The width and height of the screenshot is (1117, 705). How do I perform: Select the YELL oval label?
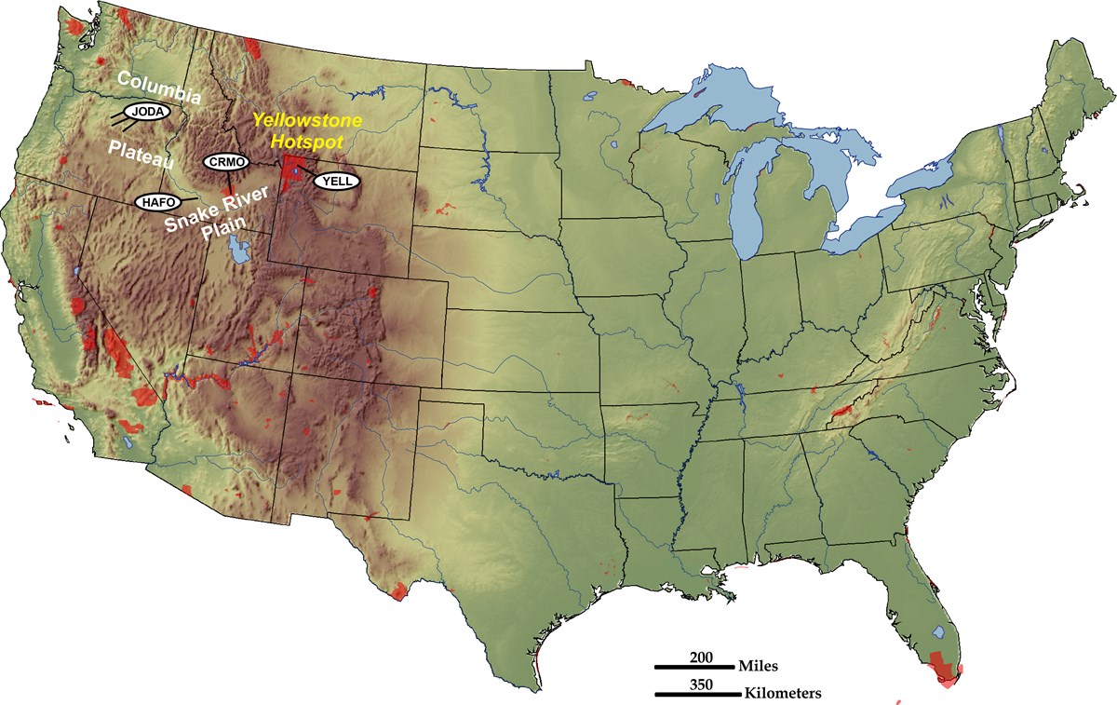pos(334,181)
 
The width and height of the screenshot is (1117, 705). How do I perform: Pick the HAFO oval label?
pos(156,201)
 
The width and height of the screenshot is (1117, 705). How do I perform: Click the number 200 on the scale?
pos(701,657)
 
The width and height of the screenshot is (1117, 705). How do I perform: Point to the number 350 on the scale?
pos(701,685)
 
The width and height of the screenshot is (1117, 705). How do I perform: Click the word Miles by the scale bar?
pos(759,667)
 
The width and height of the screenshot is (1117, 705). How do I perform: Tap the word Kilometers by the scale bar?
pos(783,695)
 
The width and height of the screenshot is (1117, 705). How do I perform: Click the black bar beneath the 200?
pos(693,667)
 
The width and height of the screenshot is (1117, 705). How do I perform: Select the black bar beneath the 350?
pos(693,695)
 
